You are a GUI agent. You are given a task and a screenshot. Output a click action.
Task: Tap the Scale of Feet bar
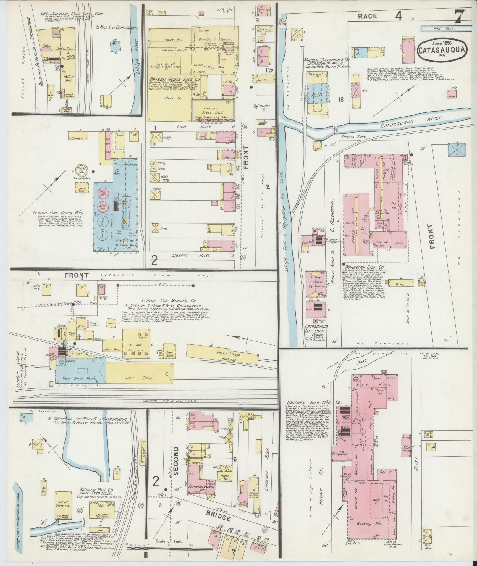tap(169, 548)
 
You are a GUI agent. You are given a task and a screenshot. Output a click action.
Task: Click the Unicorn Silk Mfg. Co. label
tap(314, 402)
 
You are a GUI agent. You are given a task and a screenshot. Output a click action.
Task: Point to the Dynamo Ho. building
tap(315, 287)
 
